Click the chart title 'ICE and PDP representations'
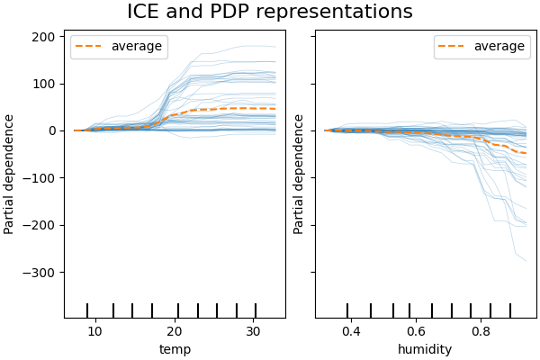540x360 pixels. [x=270, y=13]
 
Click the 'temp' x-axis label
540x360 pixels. [x=175, y=349]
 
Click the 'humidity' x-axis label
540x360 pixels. [x=425, y=349]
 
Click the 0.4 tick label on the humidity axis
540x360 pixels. [x=350, y=331]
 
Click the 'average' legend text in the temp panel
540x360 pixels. [x=136, y=47]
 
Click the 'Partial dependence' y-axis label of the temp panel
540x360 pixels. [x=10, y=174]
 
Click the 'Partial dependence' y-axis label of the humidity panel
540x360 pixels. [x=300, y=174]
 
